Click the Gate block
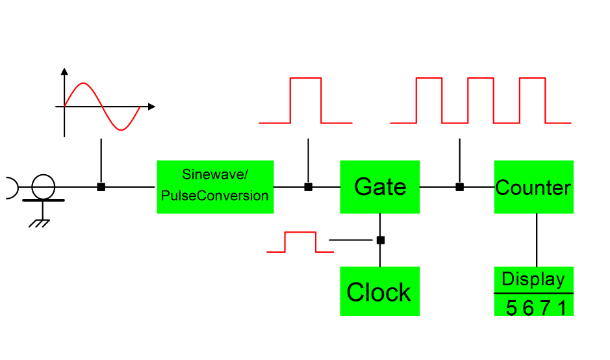point(380,187)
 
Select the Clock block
point(380,291)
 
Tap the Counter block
point(533,187)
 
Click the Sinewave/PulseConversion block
point(215,187)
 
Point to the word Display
point(533,279)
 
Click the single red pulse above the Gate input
point(305,79)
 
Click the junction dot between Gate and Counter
point(459,187)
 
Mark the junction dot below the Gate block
point(381,240)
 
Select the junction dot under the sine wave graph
point(101,187)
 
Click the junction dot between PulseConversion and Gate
point(309,187)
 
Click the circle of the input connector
point(44,186)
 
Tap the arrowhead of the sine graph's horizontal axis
point(151,106)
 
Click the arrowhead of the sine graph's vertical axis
point(64,71)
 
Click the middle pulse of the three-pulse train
point(481,79)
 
